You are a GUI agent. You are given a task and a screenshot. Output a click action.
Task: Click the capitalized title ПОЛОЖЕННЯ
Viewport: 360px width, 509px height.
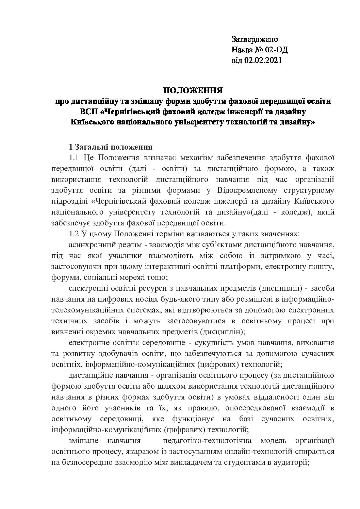193,90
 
